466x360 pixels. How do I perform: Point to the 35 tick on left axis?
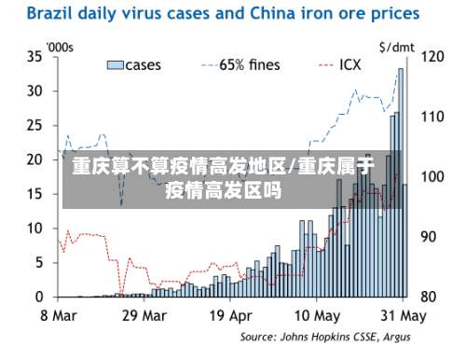point(34,56)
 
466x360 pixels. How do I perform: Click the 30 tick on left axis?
point(34,90)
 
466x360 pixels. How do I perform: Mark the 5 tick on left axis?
point(38,262)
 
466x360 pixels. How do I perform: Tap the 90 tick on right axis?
point(432,237)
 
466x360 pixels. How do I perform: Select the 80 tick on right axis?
point(432,297)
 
